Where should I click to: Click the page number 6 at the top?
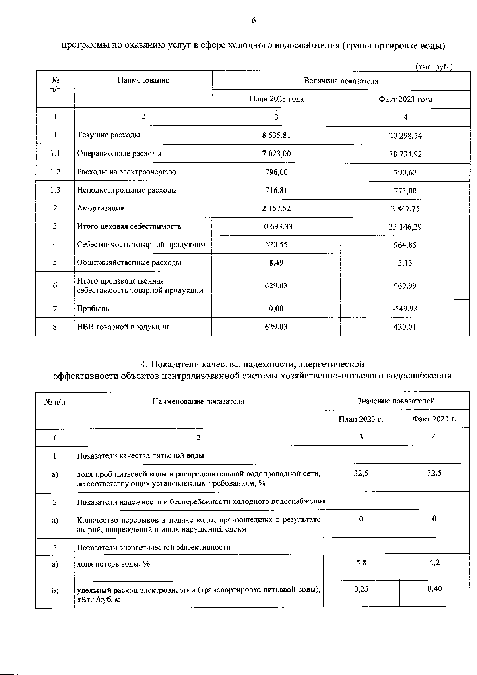click(x=253, y=21)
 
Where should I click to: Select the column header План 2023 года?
click(x=276, y=99)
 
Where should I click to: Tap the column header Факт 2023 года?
click(x=405, y=99)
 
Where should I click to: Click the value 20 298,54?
click(x=405, y=135)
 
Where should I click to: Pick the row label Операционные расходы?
click(x=119, y=153)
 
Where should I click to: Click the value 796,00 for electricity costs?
click(x=276, y=172)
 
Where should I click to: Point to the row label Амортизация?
click(x=100, y=208)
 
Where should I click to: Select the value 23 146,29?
click(x=405, y=227)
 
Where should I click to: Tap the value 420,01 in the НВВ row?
click(x=405, y=327)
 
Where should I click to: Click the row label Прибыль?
click(x=93, y=309)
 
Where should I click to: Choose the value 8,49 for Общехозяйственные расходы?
click(x=276, y=263)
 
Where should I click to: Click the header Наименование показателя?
click(x=198, y=401)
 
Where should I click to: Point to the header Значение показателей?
click(x=396, y=401)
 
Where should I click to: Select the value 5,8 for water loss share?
click(x=361, y=563)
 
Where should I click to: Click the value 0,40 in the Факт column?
click(x=434, y=589)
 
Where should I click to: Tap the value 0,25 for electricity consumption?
click(x=361, y=589)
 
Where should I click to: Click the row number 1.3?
click(x=55, y=190)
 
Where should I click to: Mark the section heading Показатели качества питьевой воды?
click(x=140, y=456)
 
